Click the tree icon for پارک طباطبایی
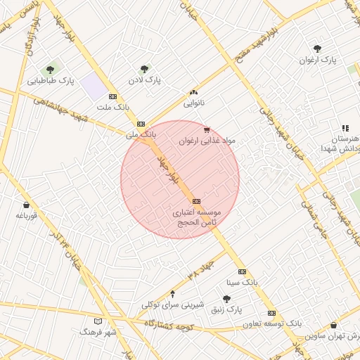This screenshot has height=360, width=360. (x=49, y=70)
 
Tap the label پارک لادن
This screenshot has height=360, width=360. (x=144, y=81)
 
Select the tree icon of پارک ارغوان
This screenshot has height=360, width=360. (x=317, y=49)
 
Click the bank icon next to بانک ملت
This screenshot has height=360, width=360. (x=112, y=96)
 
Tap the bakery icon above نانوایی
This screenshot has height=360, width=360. (x=193, y=92)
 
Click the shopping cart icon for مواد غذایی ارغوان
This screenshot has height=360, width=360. (x=206, y=129)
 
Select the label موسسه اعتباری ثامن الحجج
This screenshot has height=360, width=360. (x=196, y=217)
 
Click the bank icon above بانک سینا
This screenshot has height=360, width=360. (x=242, y=271)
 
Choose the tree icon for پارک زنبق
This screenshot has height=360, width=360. (x=226, y=299)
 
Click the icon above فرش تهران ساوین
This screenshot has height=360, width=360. (x=333, y=325)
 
